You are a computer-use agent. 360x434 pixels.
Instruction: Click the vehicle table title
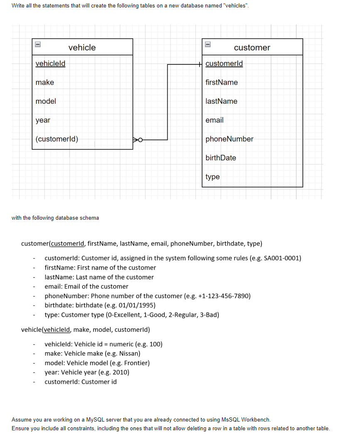click(x=82, y=47)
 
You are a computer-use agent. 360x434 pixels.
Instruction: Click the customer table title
click(x=252, y=47)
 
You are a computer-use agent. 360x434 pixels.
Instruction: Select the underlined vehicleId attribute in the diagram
click(x=50, y=64)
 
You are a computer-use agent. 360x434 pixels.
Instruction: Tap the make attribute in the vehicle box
click(x=45, y=82)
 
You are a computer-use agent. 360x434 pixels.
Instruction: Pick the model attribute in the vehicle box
click(x=46, y=101)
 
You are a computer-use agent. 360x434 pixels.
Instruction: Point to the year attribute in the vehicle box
click(x=43, y=120)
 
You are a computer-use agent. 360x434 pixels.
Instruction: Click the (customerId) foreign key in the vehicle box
click(x=57, y=139)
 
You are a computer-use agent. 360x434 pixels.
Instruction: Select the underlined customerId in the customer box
click(x=224, y=64)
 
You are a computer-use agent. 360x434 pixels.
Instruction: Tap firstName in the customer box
click(x=222, y=82)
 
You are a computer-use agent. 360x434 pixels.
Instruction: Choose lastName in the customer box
click(x=221, y=101)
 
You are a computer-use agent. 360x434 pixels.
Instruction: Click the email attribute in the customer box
click(x=215, y=120)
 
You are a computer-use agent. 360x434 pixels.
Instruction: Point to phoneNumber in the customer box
click(x=229, y=139)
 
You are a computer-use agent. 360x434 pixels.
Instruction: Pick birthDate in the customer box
click(x=221, y=158)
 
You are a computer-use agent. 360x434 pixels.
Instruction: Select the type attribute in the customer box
click(x=212, y=177)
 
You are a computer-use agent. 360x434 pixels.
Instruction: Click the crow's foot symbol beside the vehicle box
click(x=137, y=140)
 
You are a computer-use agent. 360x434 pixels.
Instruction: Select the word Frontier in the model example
click(x=135, y=363)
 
